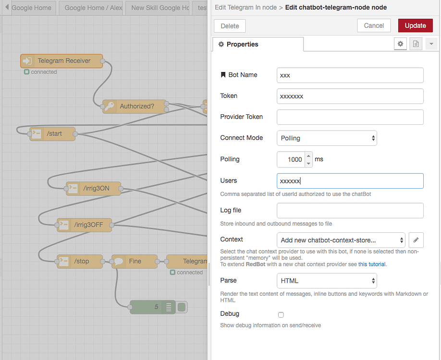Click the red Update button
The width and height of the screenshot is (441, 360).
pos(415,25)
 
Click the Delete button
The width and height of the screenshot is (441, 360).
pos(230,26)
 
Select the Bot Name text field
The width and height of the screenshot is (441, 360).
pos(350,75)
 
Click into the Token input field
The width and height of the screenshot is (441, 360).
pos(350,96)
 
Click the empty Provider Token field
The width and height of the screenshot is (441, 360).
pos(350,117)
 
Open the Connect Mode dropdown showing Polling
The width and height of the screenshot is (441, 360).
pos(327,138)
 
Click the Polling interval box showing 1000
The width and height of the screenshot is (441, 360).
pos(291,159)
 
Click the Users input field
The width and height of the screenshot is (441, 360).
pos(350,180)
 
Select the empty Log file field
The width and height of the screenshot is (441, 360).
pos(350,211)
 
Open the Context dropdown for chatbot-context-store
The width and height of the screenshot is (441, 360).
pos(341,240)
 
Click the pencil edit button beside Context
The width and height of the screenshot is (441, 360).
pos(416,240)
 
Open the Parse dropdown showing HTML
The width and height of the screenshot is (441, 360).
pos(327,280)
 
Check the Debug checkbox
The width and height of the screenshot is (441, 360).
pos(281,315)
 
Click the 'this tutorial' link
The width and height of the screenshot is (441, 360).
pos(372,264)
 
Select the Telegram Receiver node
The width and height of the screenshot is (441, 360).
pos(61,60)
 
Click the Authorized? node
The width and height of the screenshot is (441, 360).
pos(135,106)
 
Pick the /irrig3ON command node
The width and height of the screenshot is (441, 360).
pos(93,188)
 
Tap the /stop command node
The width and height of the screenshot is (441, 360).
pos(80,261)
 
